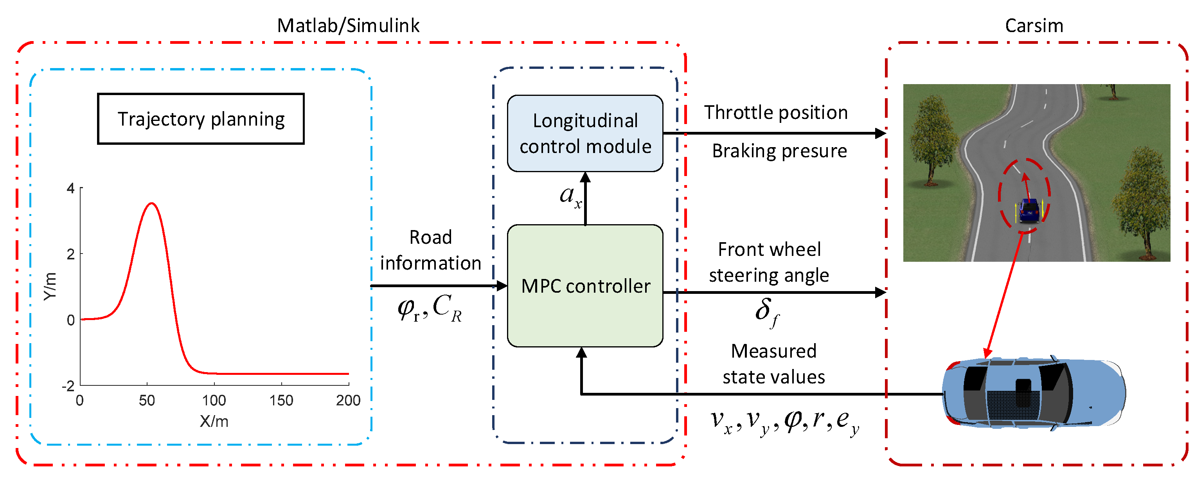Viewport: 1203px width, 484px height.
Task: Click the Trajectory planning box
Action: coord(201,119)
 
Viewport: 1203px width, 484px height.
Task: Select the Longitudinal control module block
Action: coord(585,133)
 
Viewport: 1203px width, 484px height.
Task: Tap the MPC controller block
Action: coord(585,286)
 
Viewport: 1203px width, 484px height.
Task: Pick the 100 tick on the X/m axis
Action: coord(214,400)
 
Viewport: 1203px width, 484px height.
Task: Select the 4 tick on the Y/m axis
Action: coord(70,188)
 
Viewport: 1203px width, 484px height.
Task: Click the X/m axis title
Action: coord(214,421)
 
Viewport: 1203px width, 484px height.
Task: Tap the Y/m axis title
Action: coord(50,286)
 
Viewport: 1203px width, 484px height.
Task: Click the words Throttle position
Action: coord(776,113)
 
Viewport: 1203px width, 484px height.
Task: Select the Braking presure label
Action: coord(779,151)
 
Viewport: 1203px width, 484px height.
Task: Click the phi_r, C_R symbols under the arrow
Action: coord(429,308)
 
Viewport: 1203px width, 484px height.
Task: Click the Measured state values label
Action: coord(773,364)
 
